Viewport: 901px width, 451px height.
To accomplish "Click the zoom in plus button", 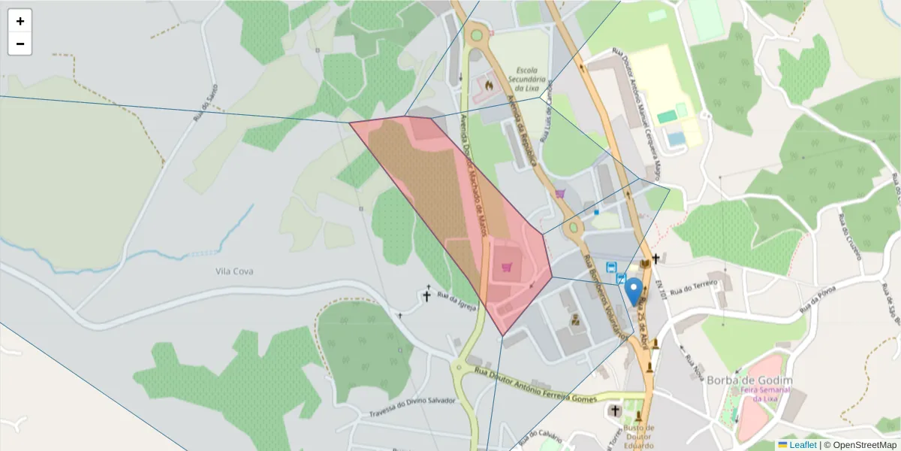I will pos(20,21).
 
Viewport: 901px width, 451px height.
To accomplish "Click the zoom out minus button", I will pos(20,44).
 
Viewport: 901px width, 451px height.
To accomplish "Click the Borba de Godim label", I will pos(749,380).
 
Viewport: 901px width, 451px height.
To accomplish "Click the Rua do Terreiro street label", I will pos(694,286).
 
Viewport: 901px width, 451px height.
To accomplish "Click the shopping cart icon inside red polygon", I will pos(507,268).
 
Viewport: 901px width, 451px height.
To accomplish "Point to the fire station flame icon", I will pos(489,86).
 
